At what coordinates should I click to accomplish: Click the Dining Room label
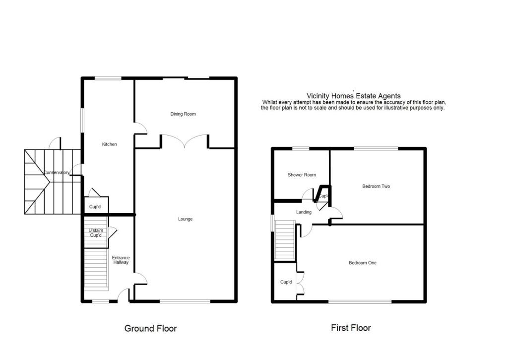pos(183,114)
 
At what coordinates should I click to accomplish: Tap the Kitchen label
pos(109,144)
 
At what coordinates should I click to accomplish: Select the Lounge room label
pos(185,219)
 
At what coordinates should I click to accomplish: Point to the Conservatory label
pos(57,173)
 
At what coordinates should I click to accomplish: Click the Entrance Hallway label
pos(121,260)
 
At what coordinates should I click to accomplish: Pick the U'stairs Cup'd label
pos(95,233)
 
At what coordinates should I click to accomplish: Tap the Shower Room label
pos(302,175)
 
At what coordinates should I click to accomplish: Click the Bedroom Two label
pos(376,186)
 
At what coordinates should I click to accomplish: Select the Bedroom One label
pos(362,263)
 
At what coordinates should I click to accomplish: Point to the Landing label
pos(304,212)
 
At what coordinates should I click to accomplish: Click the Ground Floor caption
pos(150,328)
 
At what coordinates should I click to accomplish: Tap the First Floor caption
pos(351,328)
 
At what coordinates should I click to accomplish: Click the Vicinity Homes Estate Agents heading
pos(353,96)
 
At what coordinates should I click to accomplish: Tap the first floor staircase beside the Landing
pos(285,240)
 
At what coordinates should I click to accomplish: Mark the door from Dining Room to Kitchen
pos(141,129)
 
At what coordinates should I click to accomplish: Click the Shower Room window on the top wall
pos(300,148)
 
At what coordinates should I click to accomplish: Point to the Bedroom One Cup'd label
pos(286,282)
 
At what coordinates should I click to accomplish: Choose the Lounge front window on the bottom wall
pos(185,301)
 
